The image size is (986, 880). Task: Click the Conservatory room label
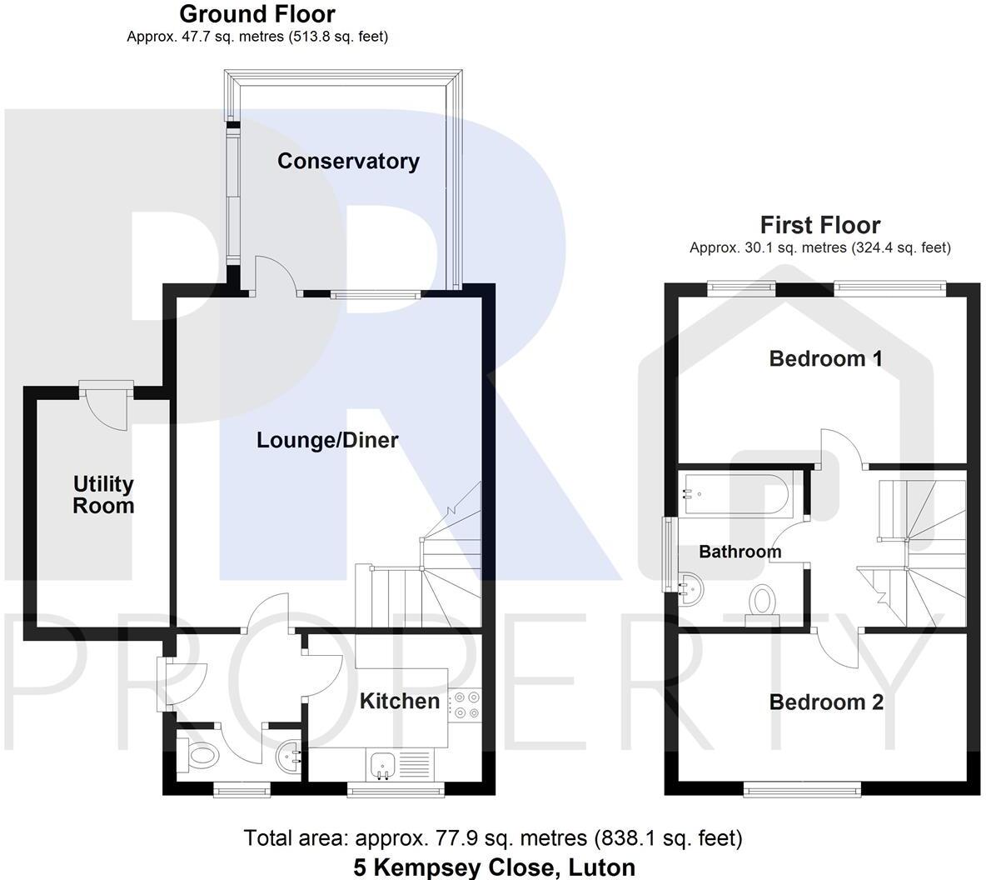pos(348,161)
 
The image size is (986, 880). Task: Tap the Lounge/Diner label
pos(327,440)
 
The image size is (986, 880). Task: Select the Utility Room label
pos(104,495)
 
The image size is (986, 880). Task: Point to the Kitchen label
pos(399,701)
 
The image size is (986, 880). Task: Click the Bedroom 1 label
pos(825,359)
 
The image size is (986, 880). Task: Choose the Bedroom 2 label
pos(826,702)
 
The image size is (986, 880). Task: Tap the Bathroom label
pos(740,552)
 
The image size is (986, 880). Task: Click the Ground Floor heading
pos(257,13)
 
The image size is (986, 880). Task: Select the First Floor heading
pos(820,225)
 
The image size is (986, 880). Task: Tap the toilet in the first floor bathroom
pos(762,605)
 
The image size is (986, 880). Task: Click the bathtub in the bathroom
pos(732,494)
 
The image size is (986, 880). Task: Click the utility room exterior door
pos(107,405)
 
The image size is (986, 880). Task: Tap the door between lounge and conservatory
pos(276,277)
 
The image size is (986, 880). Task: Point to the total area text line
pos(493,838)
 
